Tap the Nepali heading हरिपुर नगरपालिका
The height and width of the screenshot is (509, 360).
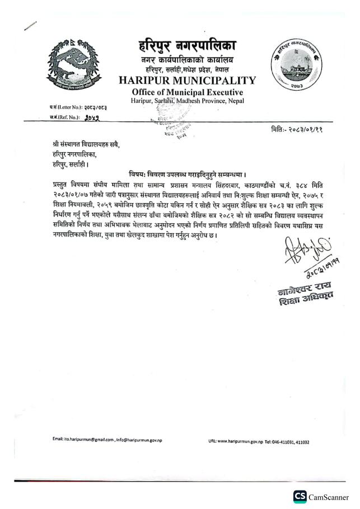click(x=187, y=45)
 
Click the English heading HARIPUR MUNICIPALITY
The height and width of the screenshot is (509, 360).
click(x=188, y=80)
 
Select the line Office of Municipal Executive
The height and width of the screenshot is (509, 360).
click(x=187, y=92)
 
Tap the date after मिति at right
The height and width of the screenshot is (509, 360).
click(x=311, y=129)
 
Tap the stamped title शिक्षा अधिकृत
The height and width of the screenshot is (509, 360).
click(x=303, y=302)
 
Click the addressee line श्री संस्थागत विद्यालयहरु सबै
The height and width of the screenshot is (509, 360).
click(x=83, y=145)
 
